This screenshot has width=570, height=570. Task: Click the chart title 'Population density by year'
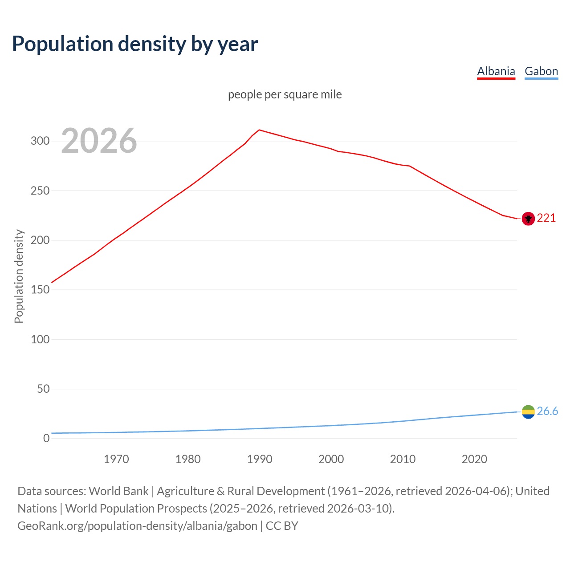click(x=135, y=44)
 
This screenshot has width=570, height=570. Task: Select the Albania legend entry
click(x=496, y=71)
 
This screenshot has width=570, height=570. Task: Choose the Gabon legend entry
click(x=541, y=71)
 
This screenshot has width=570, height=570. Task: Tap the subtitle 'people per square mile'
click(x=285, y=94)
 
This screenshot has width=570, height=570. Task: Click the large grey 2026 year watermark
click(x=99, y=141)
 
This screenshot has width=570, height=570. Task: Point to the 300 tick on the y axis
click(x=40, y=141)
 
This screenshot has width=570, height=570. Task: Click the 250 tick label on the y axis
click(x=40, y=191)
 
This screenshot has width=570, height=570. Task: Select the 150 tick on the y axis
click(x=40, y=290)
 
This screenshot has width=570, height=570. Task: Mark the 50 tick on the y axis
click(x=43, y=389)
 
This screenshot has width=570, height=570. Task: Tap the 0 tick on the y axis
click(x=46, y=438)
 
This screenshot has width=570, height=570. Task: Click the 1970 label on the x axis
click(x=116, y=459)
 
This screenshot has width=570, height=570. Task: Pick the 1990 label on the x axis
click(x=260, y=459)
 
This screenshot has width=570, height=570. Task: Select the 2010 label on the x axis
click(x=403, y=459)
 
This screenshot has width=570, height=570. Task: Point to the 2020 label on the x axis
click(x=474, y=459)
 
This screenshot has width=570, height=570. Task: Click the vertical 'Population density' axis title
click(x=19, y=276)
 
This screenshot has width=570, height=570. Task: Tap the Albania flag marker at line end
click(x=528, y=219)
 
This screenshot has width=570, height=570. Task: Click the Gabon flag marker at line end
click(x=528, y=411)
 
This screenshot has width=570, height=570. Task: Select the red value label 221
click(x=546, y=218)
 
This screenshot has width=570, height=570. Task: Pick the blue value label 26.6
click(x=547, y=411)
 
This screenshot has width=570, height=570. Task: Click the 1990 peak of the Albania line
click(x=260, y=130)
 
